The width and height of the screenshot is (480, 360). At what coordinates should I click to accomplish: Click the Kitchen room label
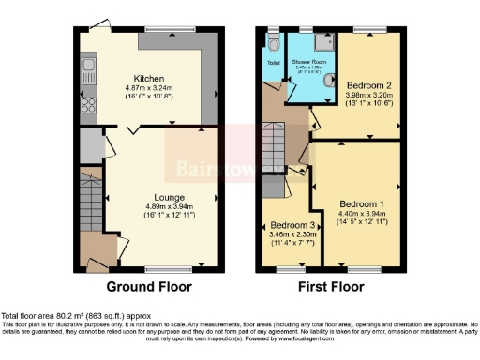coord(150,79)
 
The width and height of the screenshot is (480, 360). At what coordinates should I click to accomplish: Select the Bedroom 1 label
coord(362,203)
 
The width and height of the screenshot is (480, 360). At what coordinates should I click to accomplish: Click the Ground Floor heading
coord(149,286)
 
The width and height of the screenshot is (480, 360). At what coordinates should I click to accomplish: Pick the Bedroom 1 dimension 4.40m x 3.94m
coord(362,215)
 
